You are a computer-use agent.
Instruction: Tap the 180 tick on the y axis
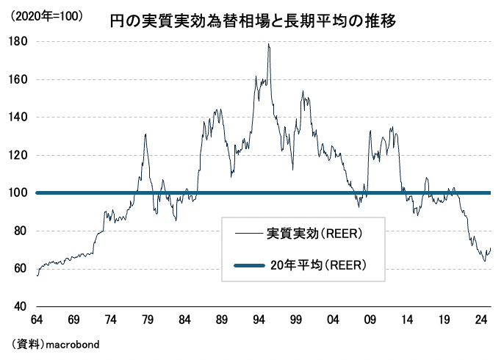click(x=20, y=42)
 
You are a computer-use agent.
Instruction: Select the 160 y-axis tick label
click(x=20, y=79)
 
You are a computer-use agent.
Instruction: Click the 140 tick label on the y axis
click(x=20, y=118)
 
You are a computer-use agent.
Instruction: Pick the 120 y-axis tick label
click(x=20, y=156)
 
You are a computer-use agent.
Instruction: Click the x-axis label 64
click(x=36, y=321)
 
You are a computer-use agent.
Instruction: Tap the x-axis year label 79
click(x=148, y=321)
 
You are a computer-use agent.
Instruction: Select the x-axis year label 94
click(x=259, y=321)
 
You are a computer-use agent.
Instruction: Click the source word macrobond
click(x=72, y=344)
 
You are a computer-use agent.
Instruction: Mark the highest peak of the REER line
click(x=268, y=44)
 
